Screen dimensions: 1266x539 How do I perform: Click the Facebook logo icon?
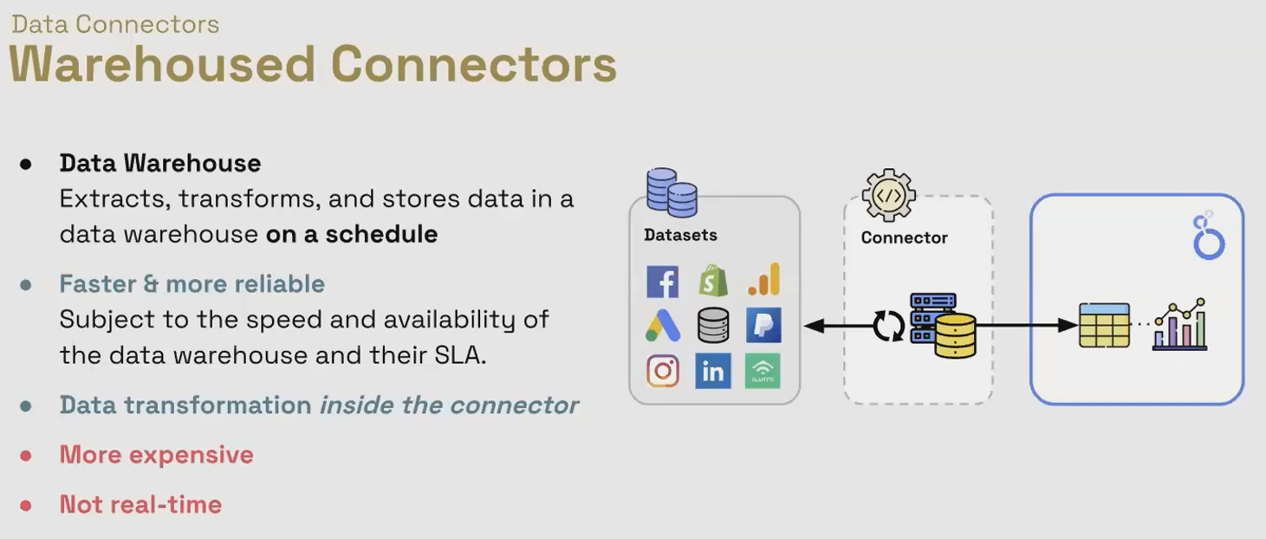coord(662,282)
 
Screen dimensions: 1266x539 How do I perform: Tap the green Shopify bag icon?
coord(712,281)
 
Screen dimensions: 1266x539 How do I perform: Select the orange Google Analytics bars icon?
coord(764,279)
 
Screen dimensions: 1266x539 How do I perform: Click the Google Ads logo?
coord(662,326)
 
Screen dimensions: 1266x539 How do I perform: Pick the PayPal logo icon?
coord(763,325)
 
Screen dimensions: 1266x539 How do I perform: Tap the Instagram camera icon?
coord(663,371)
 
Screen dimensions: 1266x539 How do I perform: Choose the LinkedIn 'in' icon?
coord(712,371)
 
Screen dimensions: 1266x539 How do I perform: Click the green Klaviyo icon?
coord(763,371)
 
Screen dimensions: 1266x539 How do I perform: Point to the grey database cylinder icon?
coord(713,325)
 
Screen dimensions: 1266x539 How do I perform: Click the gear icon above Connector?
coord(888,195)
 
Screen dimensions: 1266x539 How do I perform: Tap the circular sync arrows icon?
coord(888,326)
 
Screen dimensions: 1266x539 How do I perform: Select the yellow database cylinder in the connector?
coord(955,336)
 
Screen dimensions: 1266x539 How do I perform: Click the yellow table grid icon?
coord(1104,326)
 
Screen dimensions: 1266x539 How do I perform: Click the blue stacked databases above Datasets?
coord(672,192)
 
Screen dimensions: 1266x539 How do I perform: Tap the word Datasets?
coord(680,235)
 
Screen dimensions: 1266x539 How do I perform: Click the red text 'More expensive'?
coord(157,455)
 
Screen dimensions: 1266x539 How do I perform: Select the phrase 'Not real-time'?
coord(140,504)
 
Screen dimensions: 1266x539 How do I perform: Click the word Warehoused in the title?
coord(162,64)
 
